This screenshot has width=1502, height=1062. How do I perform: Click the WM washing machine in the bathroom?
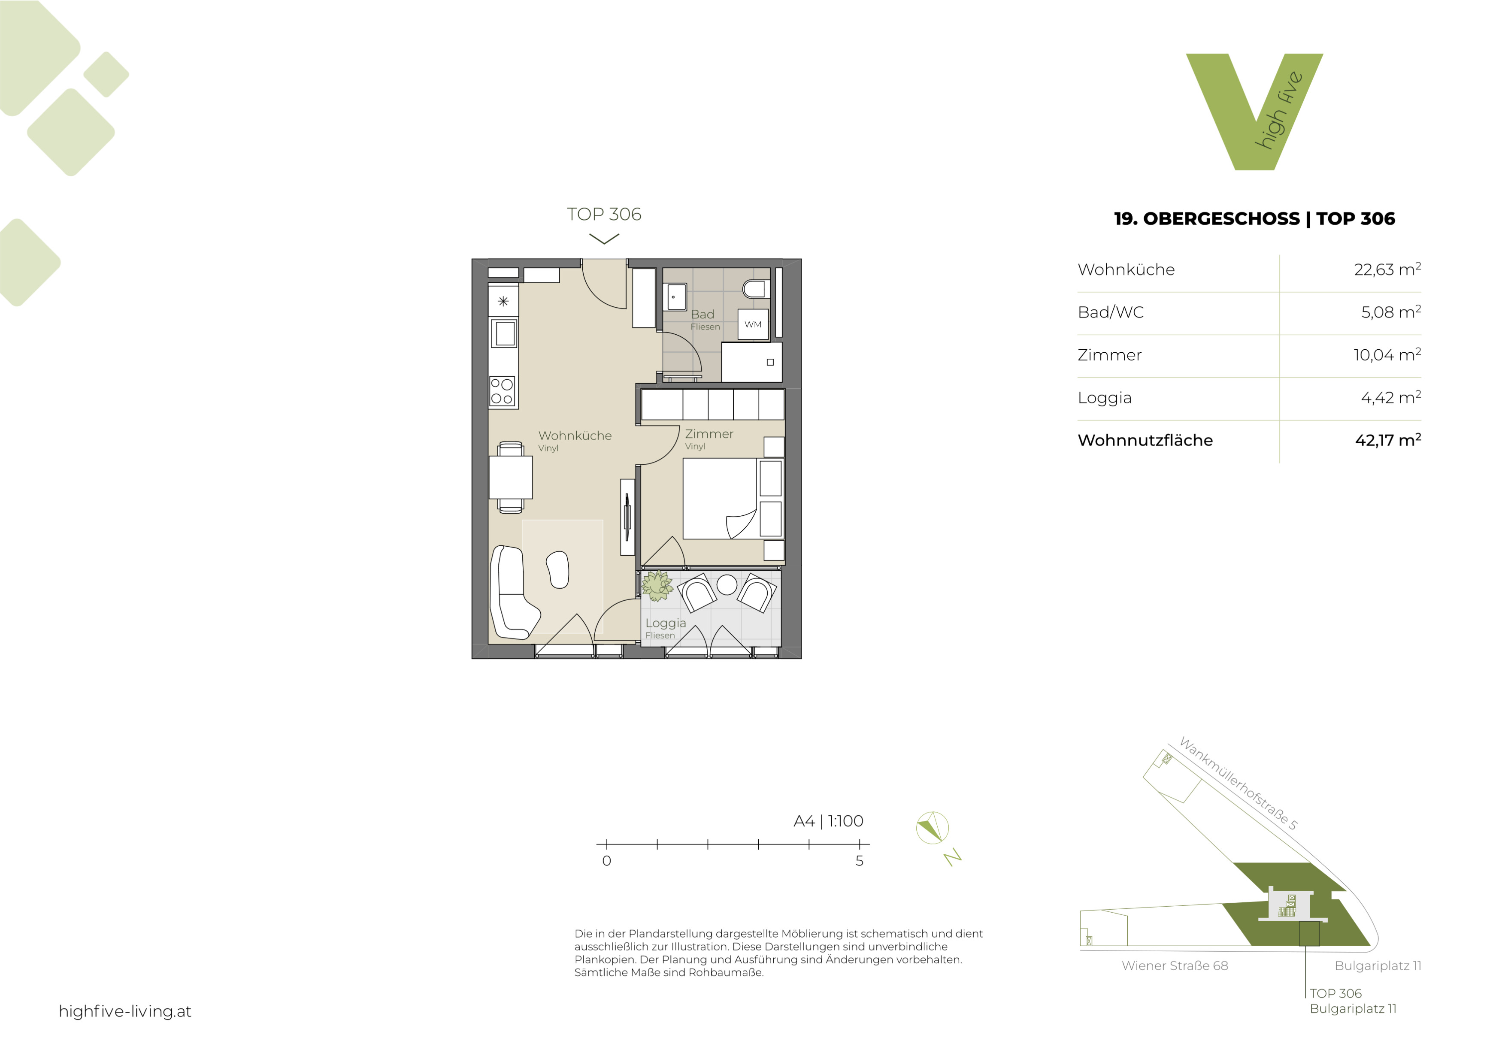click(753, 324)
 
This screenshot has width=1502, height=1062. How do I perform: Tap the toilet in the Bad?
click(756, 288)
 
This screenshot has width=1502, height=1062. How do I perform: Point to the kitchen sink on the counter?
click(504, 333)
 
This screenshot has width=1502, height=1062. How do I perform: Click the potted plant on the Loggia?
click(657, 585)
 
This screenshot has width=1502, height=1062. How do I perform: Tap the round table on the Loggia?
click(727, 584)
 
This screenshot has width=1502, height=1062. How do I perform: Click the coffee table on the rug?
click(557, 569)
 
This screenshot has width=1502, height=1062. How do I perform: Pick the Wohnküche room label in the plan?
click(575, 436)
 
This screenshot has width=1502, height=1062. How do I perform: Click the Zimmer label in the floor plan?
click(709, 433)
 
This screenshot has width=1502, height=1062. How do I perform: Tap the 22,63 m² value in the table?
click(1387, 269)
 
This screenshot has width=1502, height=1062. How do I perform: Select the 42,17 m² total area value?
click(1388, 440)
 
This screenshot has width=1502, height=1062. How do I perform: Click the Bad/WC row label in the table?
click(1111, 312)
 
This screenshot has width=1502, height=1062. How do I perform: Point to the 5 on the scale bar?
click(860, 861)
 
